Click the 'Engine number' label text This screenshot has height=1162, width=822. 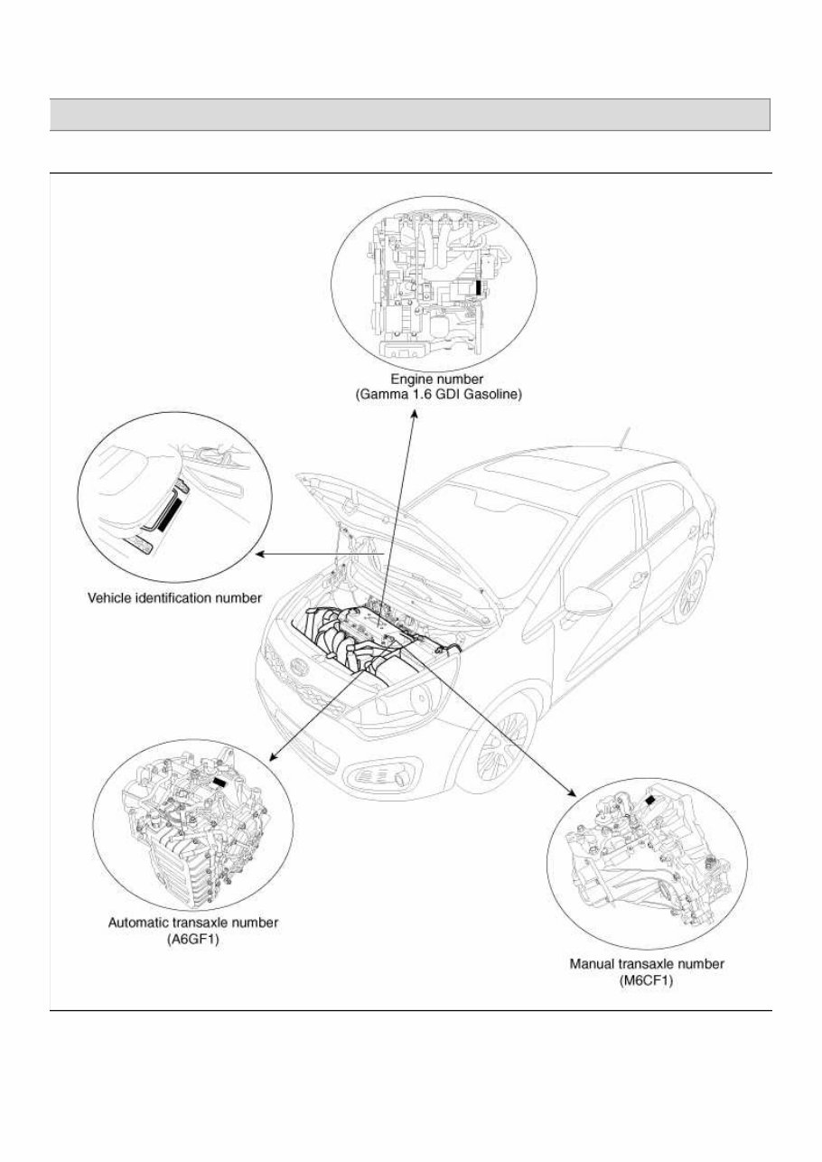[434, 380]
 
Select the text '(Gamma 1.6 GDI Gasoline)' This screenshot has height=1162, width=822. [434, 396]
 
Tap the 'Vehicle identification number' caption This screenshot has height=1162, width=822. [174, 597]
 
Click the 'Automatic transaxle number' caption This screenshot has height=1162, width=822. [193, 923]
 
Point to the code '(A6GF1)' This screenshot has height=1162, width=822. [193, 938]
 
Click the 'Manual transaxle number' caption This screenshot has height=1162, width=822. [647, 964]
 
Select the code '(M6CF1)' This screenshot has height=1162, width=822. [647, 979]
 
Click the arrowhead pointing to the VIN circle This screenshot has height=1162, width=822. [258, 554]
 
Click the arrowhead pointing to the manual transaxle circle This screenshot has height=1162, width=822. [571, 792]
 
